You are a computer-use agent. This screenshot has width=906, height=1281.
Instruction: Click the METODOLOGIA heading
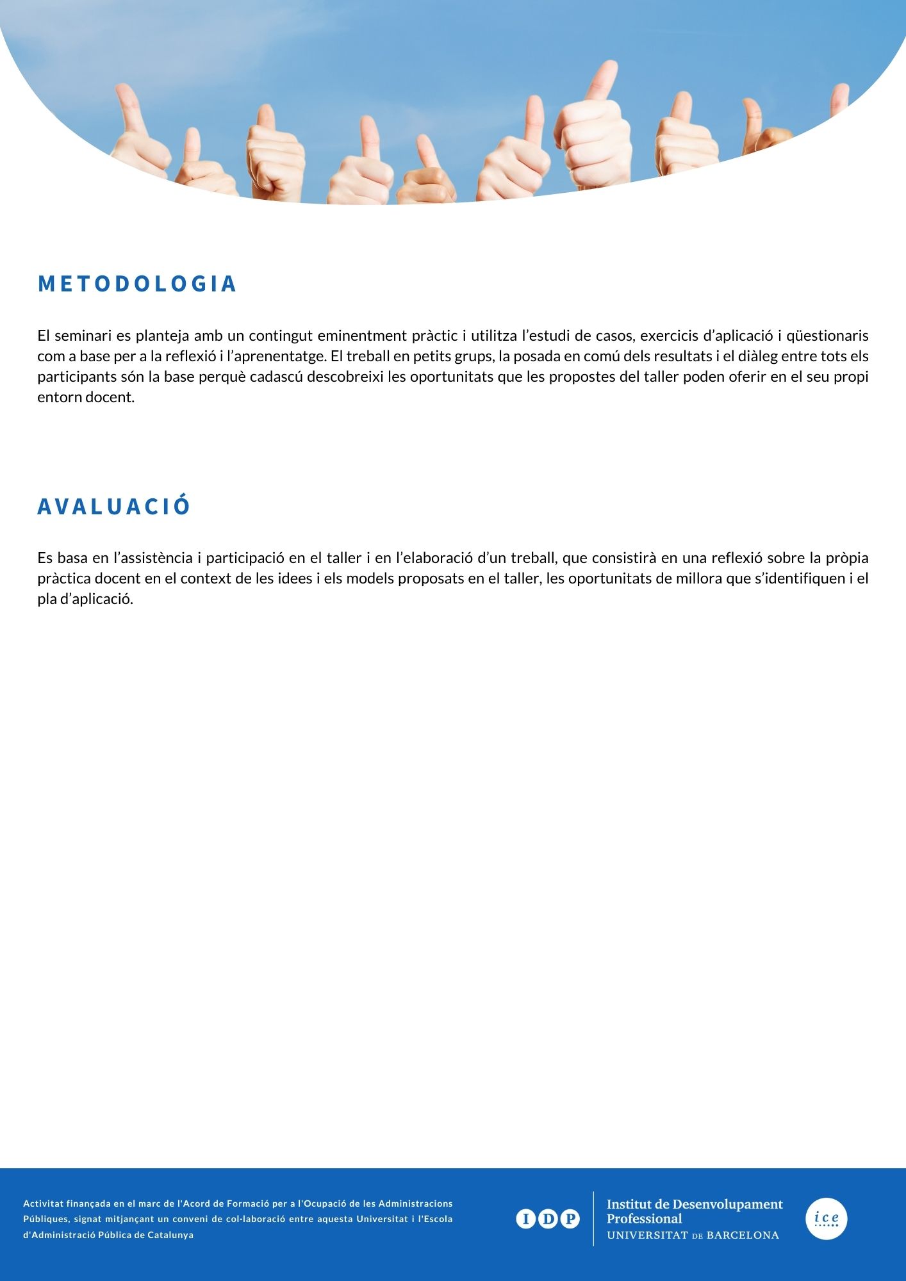coord(137,284)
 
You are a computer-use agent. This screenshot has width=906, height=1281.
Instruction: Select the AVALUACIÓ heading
coord(114,506)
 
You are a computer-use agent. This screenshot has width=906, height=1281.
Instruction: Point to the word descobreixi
coord(347,377)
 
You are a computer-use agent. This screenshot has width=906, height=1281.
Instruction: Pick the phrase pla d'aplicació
coord(85,600)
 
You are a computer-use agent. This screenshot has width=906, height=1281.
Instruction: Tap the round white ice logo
coord(826,1218)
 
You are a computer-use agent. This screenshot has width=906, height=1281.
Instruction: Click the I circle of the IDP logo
coord(525,1219)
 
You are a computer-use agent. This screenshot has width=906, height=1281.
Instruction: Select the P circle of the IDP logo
coord(570,1219)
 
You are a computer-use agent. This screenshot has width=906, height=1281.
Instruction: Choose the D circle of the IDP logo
coord(548,1219)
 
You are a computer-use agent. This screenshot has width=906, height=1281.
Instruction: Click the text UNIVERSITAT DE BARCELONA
coord(693,1235)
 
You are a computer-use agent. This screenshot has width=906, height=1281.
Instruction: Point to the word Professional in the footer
coord(644,1219)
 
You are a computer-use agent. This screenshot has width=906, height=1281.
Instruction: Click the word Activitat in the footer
coord(41,1203)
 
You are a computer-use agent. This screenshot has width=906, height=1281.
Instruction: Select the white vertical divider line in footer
coord(593,1218)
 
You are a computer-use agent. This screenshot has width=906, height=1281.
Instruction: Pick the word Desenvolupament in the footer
coord(727,1204)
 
